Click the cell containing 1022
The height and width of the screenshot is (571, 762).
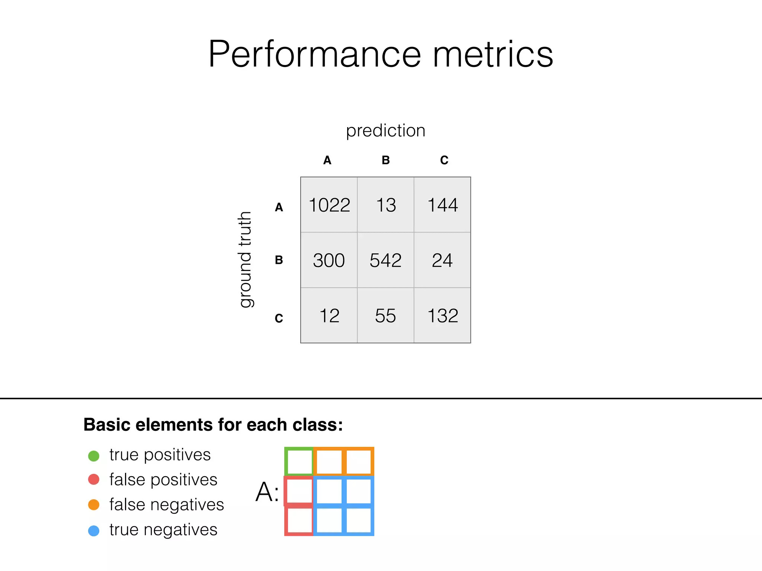pyautogui.click(x=329, y=205)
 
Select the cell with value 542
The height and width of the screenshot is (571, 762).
pyautogui.click(x=385, y=260)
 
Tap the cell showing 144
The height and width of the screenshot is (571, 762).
pyautogui.click(x=442, y=205)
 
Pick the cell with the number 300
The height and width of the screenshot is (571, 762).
pyautogui.click(x=329, y=260)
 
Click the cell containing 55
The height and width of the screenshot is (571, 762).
pyautogui.click(x=385, y=316)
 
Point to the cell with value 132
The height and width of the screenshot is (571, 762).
pyautogui.click(x=442, y=316)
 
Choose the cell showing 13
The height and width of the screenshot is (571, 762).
pyautogui.click(x=386, y=205)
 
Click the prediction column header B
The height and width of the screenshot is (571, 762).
pyautogui.click(x=386, y=160)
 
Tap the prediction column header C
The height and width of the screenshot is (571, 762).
pyautogui.click(x=444, y=160)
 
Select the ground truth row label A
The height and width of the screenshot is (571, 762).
pyautogui.click(x=279, y=207)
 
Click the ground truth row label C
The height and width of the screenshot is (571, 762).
pyautogui.click(x=279, y=318)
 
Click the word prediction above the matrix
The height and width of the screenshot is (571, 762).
pyautogui.click(x=385, y=131)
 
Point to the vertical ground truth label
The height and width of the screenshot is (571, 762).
pyautogui.click(x=245, y=259)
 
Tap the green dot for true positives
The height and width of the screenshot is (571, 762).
pyautogui.click(x=94, y=456)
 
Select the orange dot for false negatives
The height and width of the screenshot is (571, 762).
pyautogui.click(x=94, y=505)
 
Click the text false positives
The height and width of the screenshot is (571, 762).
pyautogui.click(x=163, y=480)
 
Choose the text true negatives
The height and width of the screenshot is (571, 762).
pyautogui.click(x=163, y=530)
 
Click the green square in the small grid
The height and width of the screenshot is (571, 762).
pyautogui.click(x=300, y=461)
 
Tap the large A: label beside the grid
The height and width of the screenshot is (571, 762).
pyautogui.click(x=267, y=492)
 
